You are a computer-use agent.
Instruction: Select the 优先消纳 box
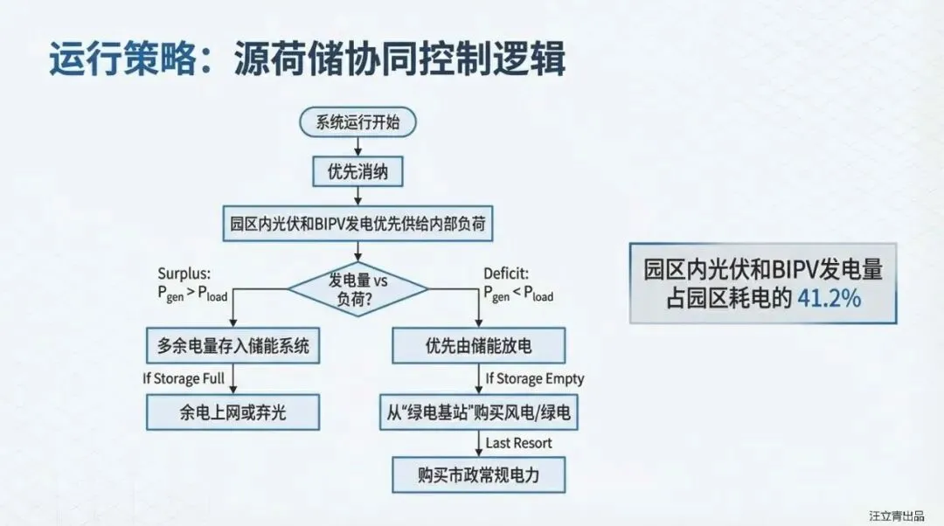click(x=357, y=172)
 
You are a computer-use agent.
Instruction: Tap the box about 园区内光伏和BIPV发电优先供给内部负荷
click(x=357, y=224)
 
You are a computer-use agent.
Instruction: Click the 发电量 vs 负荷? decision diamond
click(x=357, y=288)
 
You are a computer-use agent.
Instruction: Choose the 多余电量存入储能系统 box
click(x=233, y=346)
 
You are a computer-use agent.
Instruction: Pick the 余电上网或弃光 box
click(x=233, y=412)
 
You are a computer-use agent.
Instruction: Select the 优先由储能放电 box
click(x=479, y=346)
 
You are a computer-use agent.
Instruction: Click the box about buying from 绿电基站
click(x=479, y=412)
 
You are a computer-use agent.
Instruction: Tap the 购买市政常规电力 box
click(x=479, y=476)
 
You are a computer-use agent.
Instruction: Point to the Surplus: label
click(x=185, y=274)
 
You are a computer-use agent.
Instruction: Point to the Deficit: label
click(x=506, y=274)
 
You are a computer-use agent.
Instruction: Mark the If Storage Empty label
click(x=535, y=378)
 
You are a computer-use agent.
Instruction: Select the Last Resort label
click(x=519, y=443)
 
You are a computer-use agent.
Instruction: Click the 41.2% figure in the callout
click(x=829, y=297)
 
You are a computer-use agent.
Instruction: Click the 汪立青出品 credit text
click(x=896, y=516)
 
